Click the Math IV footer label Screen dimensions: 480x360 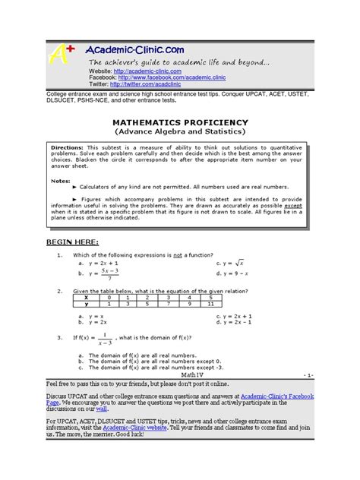(193, 376)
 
